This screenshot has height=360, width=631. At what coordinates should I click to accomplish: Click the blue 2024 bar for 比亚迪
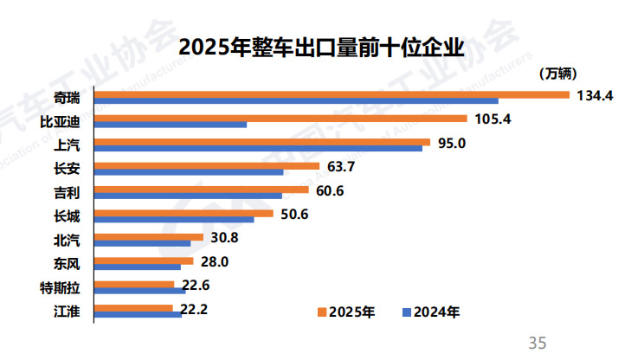pos(170,125)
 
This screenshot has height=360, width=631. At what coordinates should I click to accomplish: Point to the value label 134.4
pos(595,96)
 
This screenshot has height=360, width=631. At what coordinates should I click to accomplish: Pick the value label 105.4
pos(493,119)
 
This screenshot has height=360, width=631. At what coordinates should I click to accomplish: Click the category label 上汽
pos(68,145)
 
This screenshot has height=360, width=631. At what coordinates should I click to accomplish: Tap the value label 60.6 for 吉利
pos(330,190)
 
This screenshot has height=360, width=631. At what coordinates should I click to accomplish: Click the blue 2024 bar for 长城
pos(173,219)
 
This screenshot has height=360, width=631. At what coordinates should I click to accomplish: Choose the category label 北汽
pos(68,239)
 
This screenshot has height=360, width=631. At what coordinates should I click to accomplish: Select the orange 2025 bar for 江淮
pos(133,307)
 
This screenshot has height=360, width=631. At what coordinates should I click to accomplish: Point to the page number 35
pos(537,344)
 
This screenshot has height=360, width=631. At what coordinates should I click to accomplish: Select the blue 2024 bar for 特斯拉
pos(139,290)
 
